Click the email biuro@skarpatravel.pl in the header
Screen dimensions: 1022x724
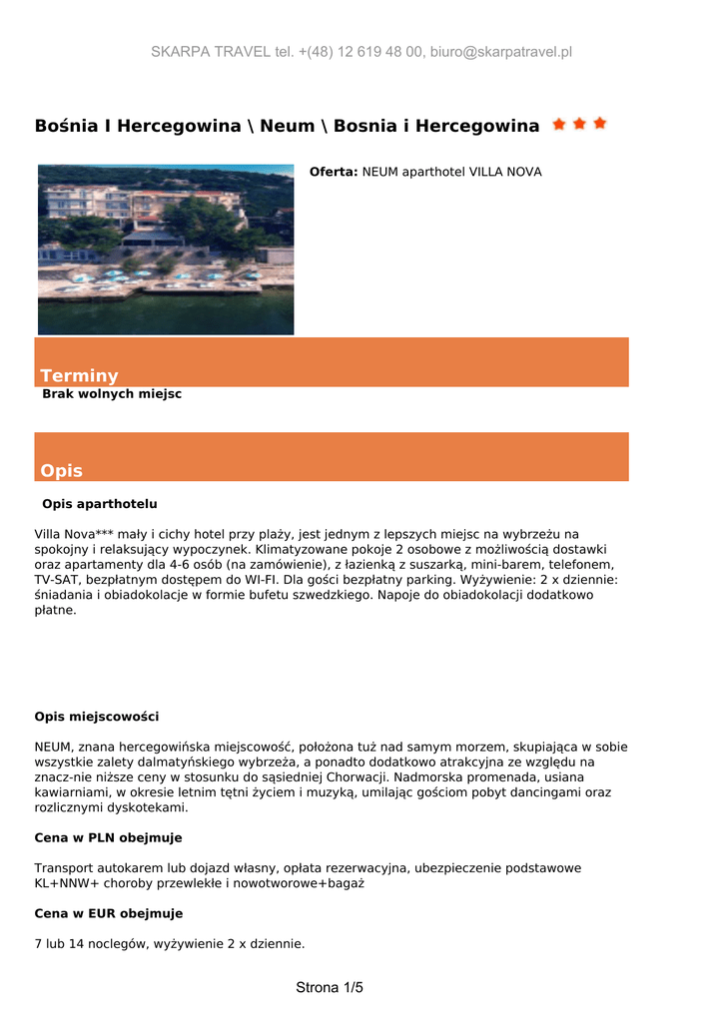[x=500, y=52]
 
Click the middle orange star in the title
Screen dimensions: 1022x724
[x=579, y=124]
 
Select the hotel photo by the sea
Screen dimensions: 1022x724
[x=166, y=249]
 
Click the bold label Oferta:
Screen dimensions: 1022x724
[x=334, y=172]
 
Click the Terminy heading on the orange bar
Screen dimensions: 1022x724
[x=79, y=375]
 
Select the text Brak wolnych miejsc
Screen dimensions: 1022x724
[x=112, y=394]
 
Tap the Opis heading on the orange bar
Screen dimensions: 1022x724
[x=61, y=470]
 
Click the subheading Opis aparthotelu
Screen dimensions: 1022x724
[x=99, y=504]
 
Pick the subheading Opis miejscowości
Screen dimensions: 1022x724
[x=97, y=717]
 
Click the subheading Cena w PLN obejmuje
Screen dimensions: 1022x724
[x=108, y=837]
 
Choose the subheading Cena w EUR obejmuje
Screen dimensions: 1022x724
[x=109, y=913]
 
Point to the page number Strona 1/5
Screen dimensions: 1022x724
[x=330, y=988]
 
